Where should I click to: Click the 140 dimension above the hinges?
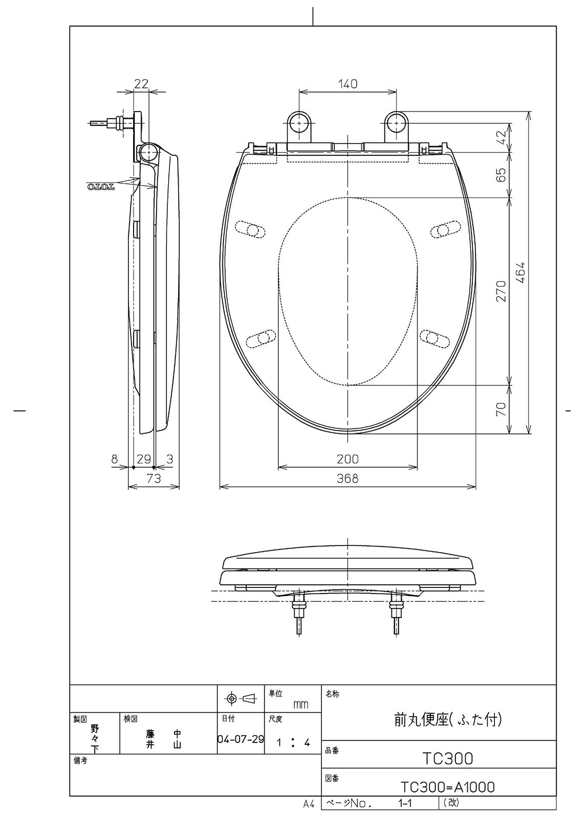click(347, 84)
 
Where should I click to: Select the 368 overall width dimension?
click(347, 478)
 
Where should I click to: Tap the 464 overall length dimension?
click(521, 272)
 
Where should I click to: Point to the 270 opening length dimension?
click(502, 291)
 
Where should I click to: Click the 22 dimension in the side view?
click(141, 84)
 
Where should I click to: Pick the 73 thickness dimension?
click(154, 479)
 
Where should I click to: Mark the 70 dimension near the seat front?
click(502, 408)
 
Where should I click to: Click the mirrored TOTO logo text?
click(101, 187)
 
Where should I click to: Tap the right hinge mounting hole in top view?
click(397, 123)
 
